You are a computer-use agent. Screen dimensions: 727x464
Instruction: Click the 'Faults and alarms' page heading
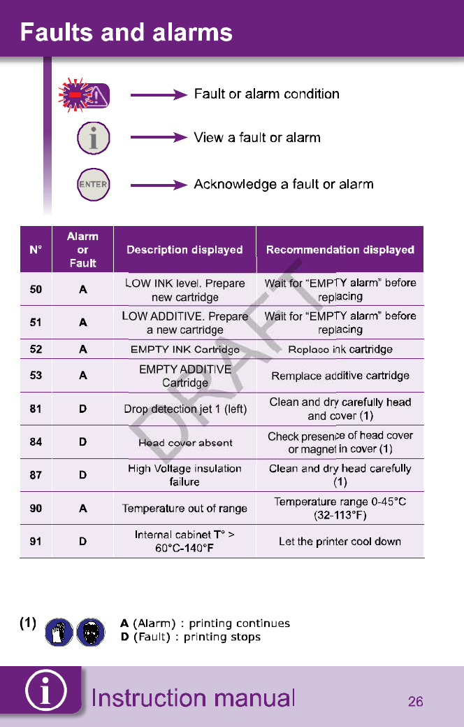coord(126,32)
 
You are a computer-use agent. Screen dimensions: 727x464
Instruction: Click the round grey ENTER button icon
coord(93,185)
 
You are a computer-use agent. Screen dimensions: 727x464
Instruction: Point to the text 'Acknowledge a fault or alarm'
coord(284,185)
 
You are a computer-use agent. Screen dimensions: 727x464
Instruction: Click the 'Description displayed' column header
coord(184,250)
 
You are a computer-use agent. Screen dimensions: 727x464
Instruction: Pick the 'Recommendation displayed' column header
coord(340,250)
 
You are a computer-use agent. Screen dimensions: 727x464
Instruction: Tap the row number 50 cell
coord(36,290)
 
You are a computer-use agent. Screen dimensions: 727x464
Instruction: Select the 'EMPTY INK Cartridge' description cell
coord(185,349)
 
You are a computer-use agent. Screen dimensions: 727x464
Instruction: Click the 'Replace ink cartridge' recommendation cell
coord(340,349)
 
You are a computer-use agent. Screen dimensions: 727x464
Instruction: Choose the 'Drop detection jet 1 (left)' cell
coord(185,409)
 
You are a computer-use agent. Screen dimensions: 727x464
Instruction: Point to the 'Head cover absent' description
coord(185,442)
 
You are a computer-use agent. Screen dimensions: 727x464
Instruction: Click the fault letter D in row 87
coord(82,475)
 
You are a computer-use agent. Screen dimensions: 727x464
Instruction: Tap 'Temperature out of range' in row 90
coord(185,509)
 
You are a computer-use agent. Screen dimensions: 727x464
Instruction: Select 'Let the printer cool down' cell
coord(340,542)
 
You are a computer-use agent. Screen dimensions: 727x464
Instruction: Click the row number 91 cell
coord(36,542)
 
